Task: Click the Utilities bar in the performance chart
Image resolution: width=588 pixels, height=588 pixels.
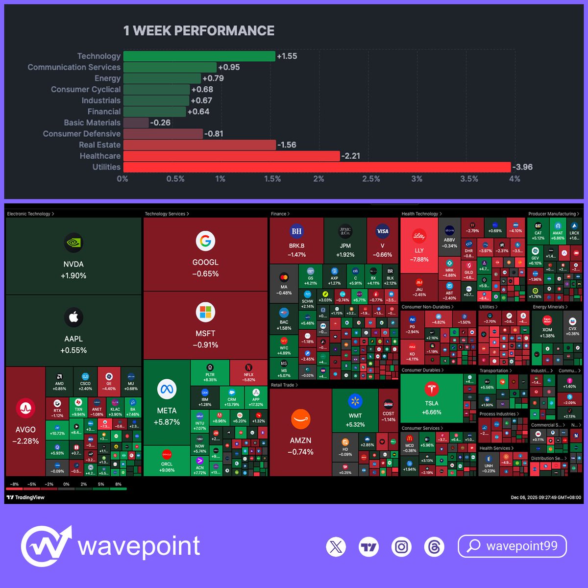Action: pos(317,167)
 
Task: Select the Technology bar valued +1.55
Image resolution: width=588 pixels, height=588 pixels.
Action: pos(199,56)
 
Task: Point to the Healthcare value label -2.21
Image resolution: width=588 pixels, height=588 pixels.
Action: pos(351,156)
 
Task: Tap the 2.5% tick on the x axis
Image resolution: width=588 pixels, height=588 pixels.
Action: pos(371,179)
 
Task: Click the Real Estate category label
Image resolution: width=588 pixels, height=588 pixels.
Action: pos(99,145)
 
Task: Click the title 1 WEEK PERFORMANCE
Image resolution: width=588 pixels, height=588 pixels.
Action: pos(198,31)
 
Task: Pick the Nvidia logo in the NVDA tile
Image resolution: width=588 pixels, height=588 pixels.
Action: pos(73,243)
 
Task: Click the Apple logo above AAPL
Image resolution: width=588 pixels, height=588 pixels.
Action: pos(73,318)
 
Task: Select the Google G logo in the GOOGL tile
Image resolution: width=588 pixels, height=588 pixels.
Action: pos(205,241)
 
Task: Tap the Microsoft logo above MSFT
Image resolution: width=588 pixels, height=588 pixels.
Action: pos(205,312)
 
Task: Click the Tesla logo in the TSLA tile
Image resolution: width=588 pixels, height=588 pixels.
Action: pos(432,389)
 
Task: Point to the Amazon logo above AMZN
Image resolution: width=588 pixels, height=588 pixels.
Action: pos(300,419)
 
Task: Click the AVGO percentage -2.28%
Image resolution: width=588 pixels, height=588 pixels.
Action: pos(25,441)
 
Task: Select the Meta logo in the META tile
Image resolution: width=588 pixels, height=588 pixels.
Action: pos(167,390)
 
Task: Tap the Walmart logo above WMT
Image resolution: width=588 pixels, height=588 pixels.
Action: pos(355,401)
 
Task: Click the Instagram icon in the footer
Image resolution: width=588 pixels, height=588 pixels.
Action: pos(401,546)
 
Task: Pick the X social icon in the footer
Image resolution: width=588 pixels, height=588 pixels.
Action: pos(336,546)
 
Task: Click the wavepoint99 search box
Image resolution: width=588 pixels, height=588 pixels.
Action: pos(512,546)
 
